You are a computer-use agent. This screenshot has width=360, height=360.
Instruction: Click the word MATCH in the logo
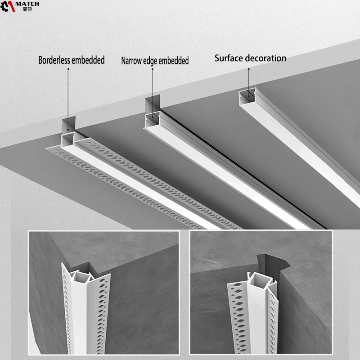click(x=27, y=4)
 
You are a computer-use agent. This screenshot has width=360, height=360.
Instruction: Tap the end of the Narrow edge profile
click(x=153, y=119)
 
